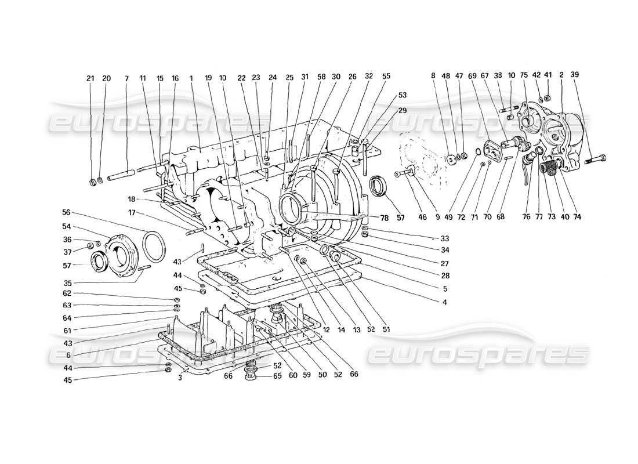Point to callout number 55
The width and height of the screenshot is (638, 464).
tap(386, 75)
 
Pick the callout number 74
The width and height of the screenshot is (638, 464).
tap(578, 217)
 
